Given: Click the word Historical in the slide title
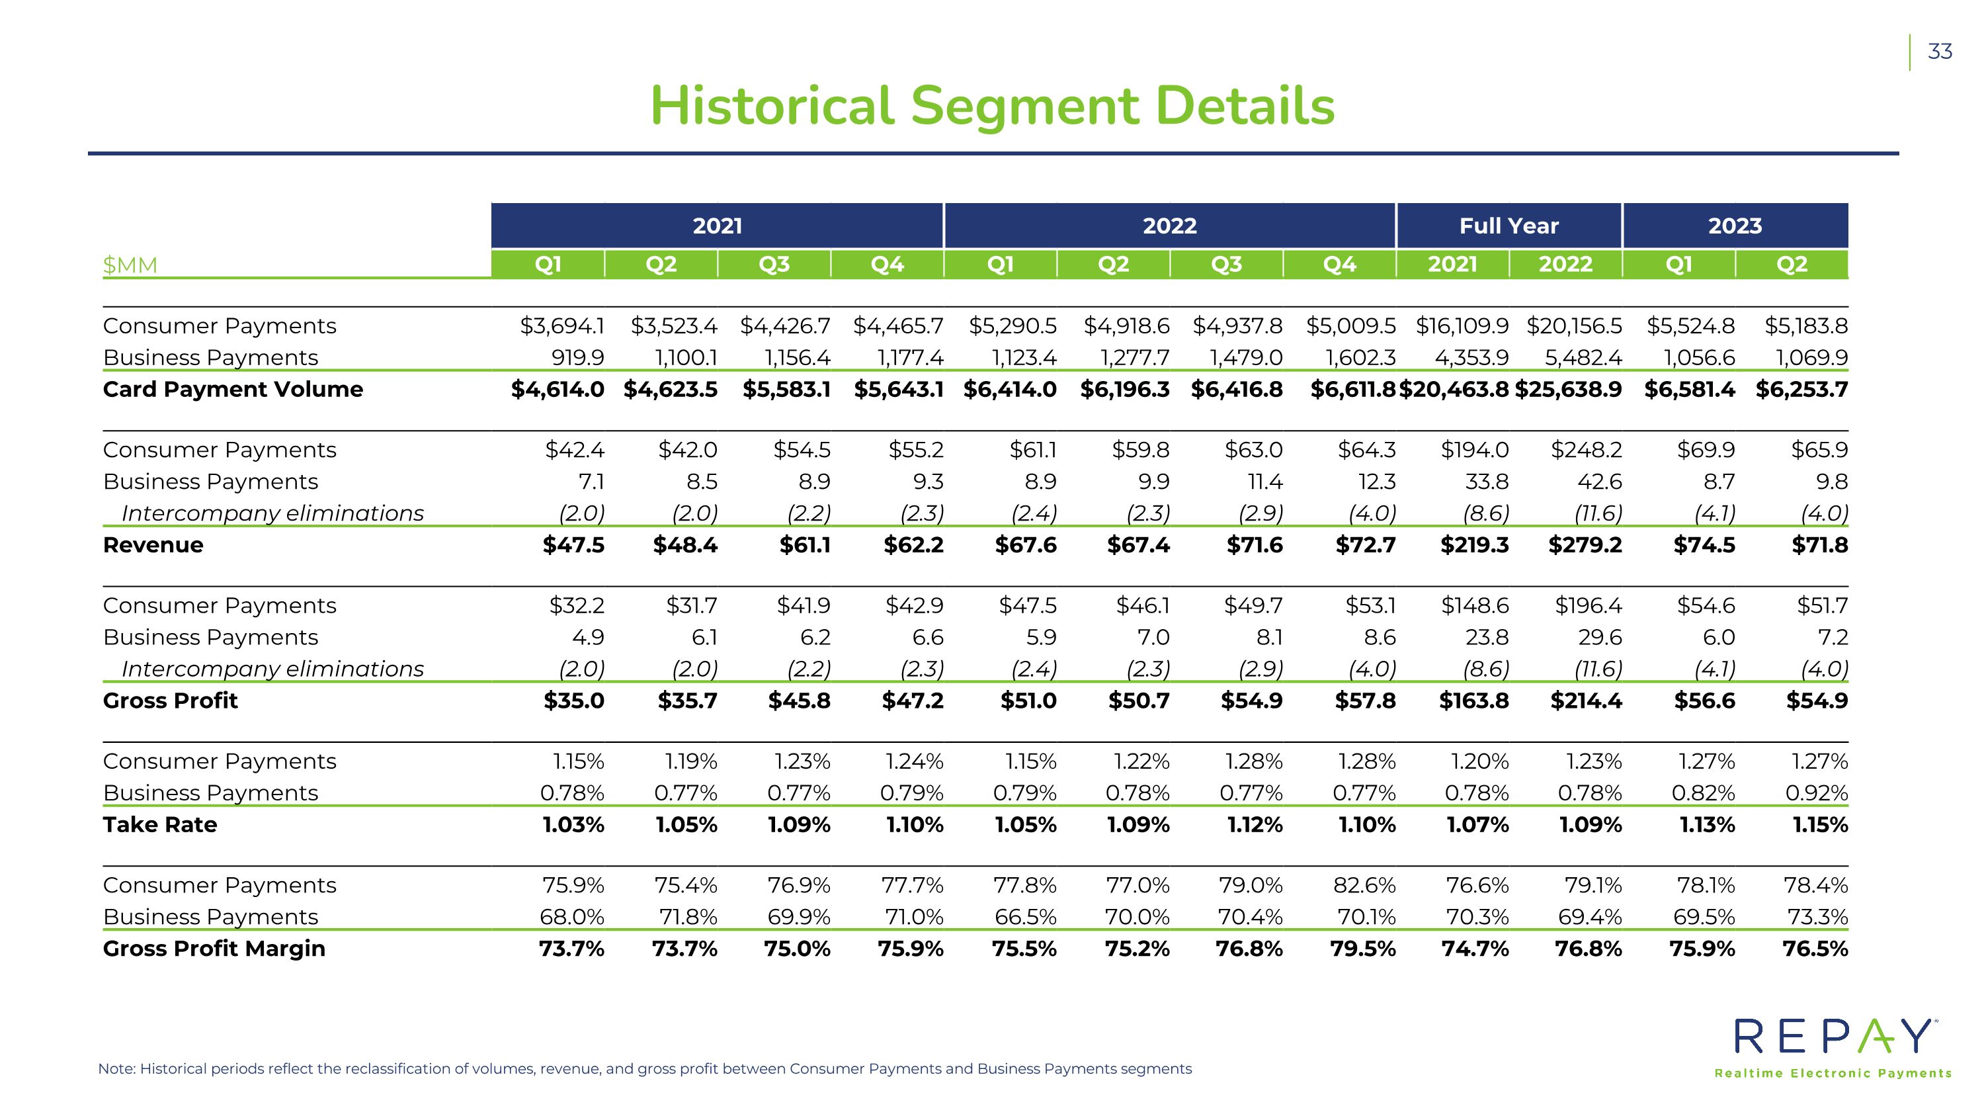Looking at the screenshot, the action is click(772, 106).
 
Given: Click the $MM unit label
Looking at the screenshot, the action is click(130, 265).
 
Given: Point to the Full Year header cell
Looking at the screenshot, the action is click(1509, 226).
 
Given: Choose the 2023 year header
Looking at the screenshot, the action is click(1735, 226).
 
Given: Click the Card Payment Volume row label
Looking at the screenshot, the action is click(233, 389).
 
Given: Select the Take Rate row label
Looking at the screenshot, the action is click(160, 824).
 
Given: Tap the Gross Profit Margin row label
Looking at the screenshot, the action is click(214, 948).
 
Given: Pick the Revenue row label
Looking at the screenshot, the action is click(153, 544).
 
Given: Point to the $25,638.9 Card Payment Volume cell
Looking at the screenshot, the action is click(1568, 389).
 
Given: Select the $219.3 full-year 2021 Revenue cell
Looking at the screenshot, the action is click(1475, 544).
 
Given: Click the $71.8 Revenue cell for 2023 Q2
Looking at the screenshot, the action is click(1819, 544).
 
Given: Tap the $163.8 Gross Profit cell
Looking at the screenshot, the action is click(1474, 700).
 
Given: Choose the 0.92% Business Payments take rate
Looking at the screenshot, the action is click(1817, 793).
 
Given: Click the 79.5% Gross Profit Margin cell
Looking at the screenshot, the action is click(1363, 948).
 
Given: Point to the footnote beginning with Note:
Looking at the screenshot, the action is click(645, 1069).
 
